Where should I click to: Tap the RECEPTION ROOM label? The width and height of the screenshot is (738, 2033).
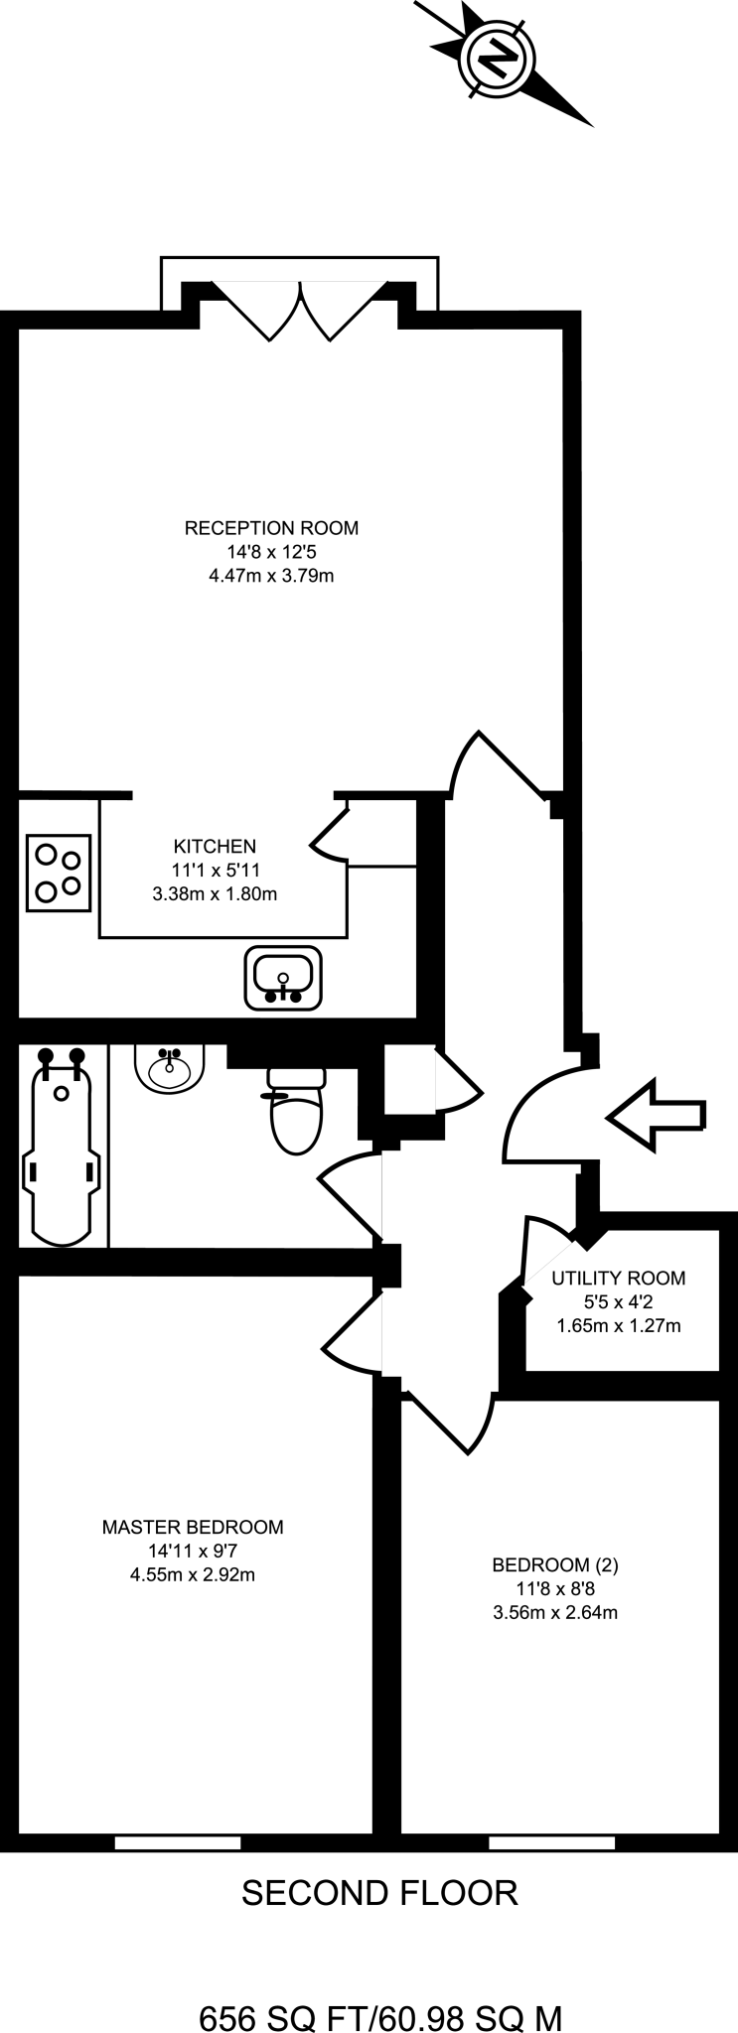(x=271, y=528)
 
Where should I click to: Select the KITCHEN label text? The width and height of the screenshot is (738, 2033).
(x=215, y=847)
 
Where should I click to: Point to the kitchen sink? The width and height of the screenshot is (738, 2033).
(x=284, y=979)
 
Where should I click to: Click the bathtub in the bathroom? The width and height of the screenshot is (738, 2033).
(x=63, y=1146)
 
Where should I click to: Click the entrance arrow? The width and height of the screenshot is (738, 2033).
(x=657, y=1116)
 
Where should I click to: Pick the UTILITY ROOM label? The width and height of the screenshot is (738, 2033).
(x=619, y=1279)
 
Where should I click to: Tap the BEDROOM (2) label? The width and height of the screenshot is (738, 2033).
(x=555, y=1565)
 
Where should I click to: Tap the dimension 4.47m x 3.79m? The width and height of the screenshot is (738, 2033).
(x=271, y=576)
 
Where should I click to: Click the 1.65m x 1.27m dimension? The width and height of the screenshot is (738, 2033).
(x=619, y=1325)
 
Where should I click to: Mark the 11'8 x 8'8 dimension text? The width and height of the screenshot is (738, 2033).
(x=555, y=1588)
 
